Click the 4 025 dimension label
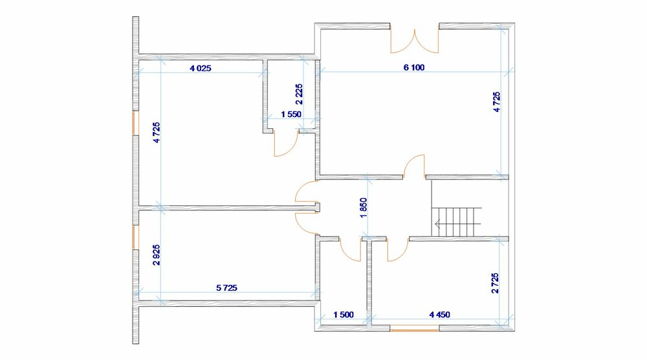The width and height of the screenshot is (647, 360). pos(201,68)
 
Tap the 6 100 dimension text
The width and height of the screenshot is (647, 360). pos(414,67)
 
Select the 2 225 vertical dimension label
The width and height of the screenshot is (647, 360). pos(299,94)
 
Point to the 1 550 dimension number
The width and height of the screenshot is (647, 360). pos(291,115)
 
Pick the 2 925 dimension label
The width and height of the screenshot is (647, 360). pos(157,254)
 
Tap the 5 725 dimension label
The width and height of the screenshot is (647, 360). pos(227,287)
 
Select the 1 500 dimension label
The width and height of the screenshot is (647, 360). pos(344,315)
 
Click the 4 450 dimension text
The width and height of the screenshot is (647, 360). pos(440,315)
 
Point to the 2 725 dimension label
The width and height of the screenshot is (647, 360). pos(495,283)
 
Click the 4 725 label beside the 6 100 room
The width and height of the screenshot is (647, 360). pos(496,102)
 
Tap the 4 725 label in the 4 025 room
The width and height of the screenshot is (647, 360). pos(157,133)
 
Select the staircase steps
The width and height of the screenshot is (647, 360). pos(456,221)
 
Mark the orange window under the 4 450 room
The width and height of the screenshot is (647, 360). pos(414,330)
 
